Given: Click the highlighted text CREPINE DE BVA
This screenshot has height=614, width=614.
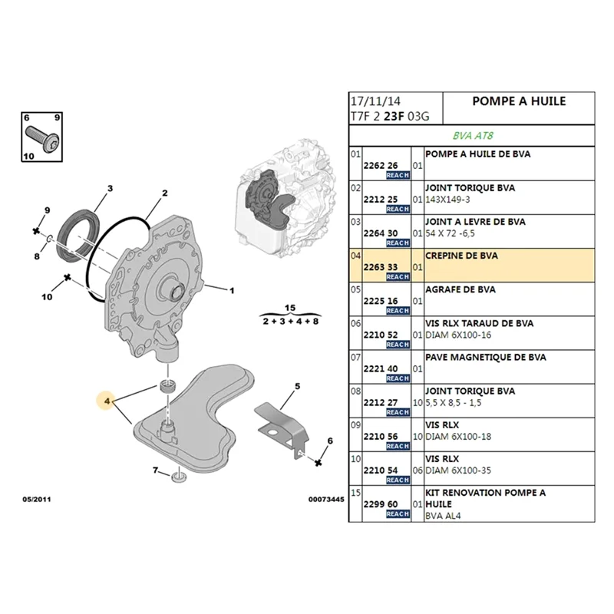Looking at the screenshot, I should [459, 256].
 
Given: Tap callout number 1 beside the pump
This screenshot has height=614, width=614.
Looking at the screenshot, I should [232, 291].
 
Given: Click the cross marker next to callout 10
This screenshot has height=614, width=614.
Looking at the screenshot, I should [68, 277].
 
